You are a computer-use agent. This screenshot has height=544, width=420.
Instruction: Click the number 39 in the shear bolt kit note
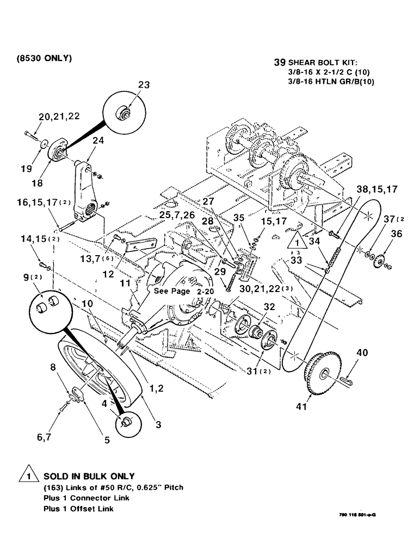280,63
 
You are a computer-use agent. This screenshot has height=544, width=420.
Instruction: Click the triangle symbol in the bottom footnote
27,477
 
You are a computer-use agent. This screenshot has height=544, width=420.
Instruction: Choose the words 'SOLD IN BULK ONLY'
89,476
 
